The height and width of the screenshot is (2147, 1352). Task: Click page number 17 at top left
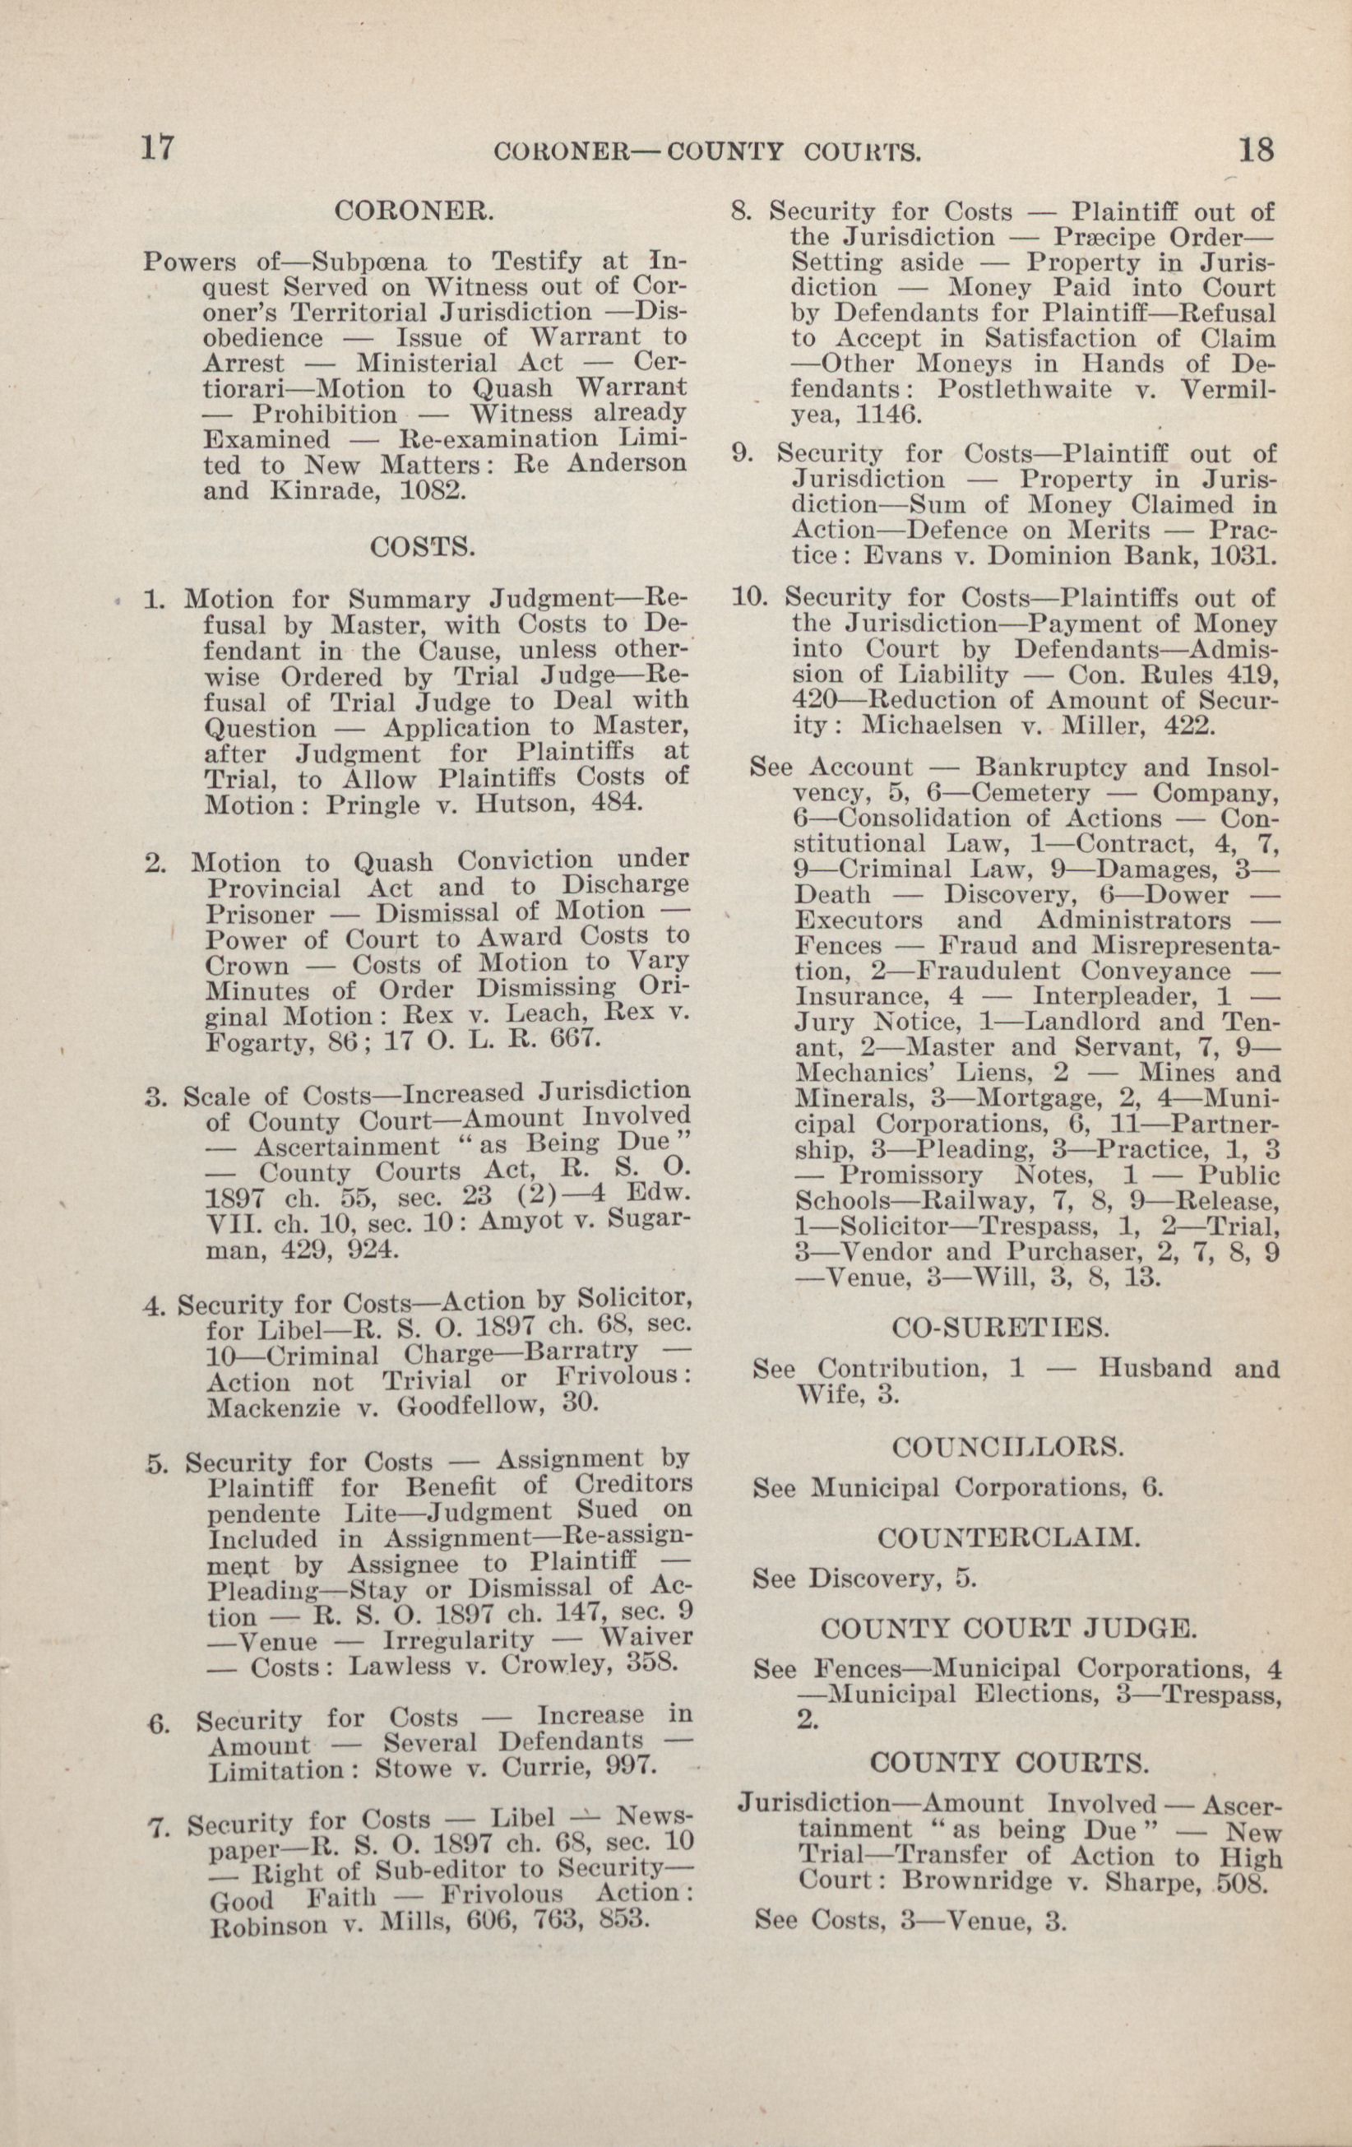pyautogui.click(x=156, y=148)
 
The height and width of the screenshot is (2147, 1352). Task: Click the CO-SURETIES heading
pyautogui.click(x=1001, y=1328)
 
